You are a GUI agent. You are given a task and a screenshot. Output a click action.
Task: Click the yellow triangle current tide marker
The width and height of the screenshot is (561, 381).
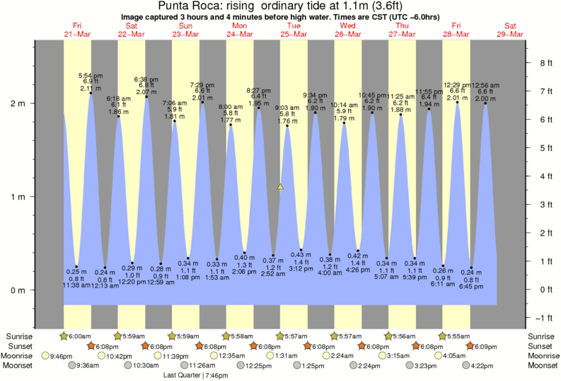(x=280, y=187)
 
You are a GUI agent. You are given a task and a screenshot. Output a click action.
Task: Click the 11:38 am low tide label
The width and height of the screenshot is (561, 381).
(x=76, y=285)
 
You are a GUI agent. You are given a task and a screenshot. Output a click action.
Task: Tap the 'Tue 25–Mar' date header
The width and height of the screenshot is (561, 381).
(x=294, y=30)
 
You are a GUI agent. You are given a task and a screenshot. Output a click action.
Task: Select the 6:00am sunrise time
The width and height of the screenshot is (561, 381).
(x=79, y=336)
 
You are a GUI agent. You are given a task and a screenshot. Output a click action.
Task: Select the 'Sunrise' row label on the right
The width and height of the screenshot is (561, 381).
(x=541, y=336)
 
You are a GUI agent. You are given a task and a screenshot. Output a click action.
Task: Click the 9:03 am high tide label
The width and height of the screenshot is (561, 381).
(x=287, y=108)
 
